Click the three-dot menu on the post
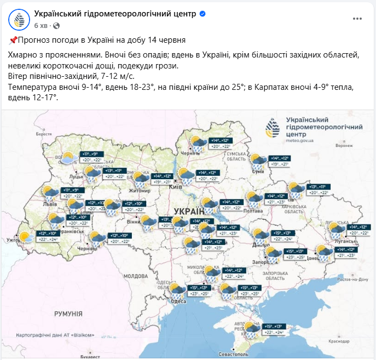(357, 18)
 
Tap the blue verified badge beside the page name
(203, 14)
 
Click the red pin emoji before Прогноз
(14, 40)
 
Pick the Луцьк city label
(76, 178)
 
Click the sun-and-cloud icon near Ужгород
(25, 237)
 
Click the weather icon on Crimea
(252, 329)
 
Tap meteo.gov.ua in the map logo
(299, 140)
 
